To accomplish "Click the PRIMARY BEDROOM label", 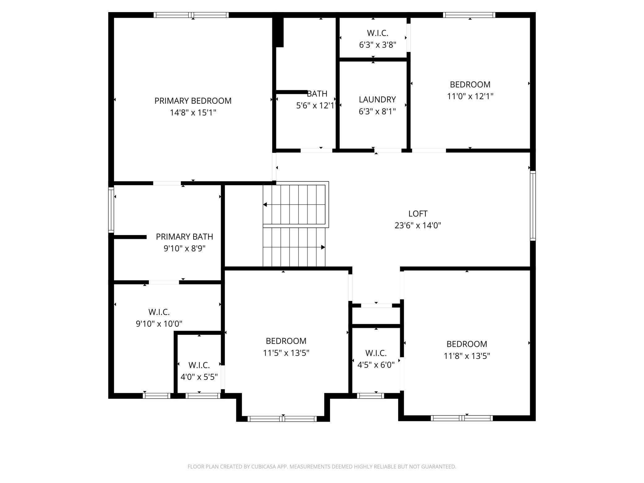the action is (193, 101).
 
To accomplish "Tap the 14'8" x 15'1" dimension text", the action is (193, 112).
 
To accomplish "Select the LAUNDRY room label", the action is (377, 99).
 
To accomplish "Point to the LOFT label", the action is (418, 214).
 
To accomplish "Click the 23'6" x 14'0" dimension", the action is (418, 225).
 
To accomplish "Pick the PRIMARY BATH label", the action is (185, 237).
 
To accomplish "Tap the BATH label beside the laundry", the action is (317, 94).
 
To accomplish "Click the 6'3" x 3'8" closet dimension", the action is (377, 45).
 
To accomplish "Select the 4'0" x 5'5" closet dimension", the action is (199, 377).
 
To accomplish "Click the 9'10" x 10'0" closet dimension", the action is (159, 324).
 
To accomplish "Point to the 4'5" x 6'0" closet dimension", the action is (376, 365).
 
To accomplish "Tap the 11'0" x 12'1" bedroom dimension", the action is (470, 96).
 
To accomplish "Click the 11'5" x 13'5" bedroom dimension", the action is (286, 353).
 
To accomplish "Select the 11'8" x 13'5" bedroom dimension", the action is (467, 356).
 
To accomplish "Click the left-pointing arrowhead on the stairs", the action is (265, 205).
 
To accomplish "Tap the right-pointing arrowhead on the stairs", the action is (323, 247).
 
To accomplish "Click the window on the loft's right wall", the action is (533, 206).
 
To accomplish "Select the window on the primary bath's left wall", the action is (111, 210).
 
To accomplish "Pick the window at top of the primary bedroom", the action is (191, 15).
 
